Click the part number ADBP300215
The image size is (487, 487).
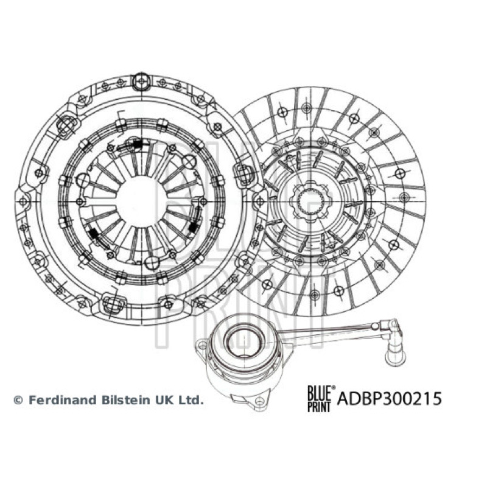[x=390, y=399]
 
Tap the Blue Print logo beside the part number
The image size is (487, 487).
[x=321, y=399]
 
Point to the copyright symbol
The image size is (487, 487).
[x=19, y=400]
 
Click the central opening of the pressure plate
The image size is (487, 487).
[x=140, y=201]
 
